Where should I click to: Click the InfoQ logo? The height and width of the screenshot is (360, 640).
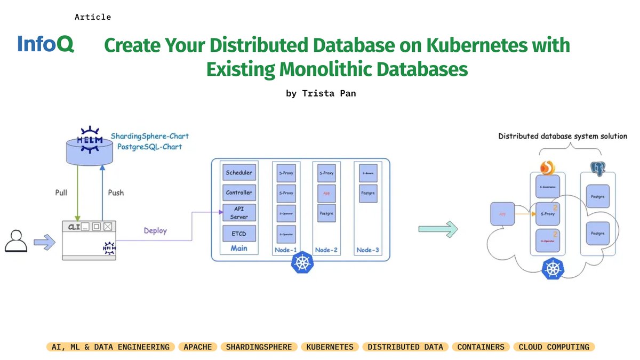(x=45, y=44)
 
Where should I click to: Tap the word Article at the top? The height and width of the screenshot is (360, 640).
(x=93, y=17)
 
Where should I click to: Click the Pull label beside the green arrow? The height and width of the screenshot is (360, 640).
(x=61, y=192)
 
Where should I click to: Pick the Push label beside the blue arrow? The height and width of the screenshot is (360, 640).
(x=116, y=192)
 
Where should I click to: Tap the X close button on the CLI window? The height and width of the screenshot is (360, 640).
(x=108, y=227)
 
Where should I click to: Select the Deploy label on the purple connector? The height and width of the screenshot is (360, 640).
(x=155, y=231)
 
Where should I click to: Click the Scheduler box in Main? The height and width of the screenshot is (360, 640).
(x=239, y=173)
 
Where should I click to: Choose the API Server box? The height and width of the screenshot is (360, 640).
(x=239, y=212)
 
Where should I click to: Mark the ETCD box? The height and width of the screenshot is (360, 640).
(x=239, y=233)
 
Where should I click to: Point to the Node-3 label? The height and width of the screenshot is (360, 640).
(x=368, y=250)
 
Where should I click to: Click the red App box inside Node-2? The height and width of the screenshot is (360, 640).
(x=326, y=193)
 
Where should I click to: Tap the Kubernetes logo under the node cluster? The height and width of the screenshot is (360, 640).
(x=302, y=263)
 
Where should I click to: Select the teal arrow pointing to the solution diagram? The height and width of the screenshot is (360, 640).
(x=438, y=229)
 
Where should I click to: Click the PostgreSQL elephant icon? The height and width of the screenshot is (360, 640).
(x=597, y=169)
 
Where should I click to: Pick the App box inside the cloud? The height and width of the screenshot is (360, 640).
(x=502, y=214)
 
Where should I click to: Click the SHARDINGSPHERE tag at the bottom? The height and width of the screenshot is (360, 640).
(x=259, y=347)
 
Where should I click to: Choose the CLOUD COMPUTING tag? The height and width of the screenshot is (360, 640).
(x=554, y=347)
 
